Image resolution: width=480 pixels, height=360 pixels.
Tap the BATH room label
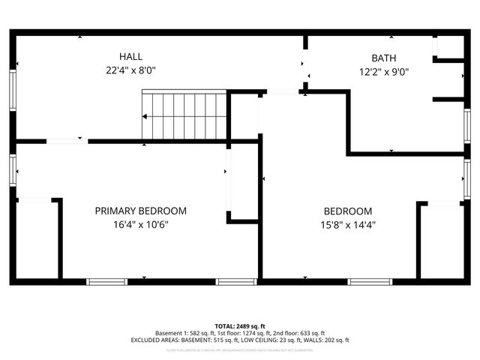[x=384, y=58]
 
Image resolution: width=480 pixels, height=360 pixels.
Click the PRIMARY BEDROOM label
[x=140, y=211]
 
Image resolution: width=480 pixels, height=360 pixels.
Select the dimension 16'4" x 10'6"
[x=140, y=224]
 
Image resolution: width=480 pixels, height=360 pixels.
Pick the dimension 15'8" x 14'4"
[x=347, y=224]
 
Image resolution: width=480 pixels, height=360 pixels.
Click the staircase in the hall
[x=184, y=115]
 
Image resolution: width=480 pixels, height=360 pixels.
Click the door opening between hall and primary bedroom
[x=67, y=140]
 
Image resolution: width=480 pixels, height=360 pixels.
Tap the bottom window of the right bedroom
[x=370, y=282]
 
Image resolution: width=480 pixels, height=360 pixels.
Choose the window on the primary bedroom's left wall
[x=13, y=169]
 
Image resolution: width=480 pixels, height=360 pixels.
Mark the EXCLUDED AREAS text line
[x=239, y=340]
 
